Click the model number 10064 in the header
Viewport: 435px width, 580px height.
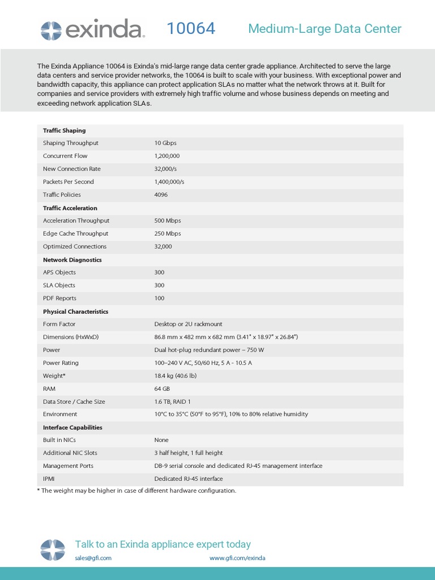[191, 29]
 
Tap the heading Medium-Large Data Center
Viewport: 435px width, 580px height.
[325, 29]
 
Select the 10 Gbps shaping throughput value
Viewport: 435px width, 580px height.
[165, 143]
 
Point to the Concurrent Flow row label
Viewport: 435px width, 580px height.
[65, 156]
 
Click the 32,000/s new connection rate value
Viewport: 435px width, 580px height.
[165, 169]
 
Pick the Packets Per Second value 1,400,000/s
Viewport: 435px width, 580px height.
[169, 182]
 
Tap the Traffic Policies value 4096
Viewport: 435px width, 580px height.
[161, 195]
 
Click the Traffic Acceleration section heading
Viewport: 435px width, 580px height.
[70, 208]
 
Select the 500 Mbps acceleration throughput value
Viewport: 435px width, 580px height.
[168, 220]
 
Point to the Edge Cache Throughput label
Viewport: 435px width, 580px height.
[75, 233]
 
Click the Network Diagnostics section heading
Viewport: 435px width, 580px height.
[72, 260]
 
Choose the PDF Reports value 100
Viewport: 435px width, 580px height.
[159, 298]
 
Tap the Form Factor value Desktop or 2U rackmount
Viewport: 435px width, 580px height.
[188, 324]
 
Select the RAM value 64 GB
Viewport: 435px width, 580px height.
[162, 389]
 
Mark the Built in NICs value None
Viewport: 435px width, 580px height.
[161, 440]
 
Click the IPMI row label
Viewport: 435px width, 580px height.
[49, 479]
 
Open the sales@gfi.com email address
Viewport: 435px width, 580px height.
[93, 558]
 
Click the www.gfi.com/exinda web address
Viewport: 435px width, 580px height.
[237, 558]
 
